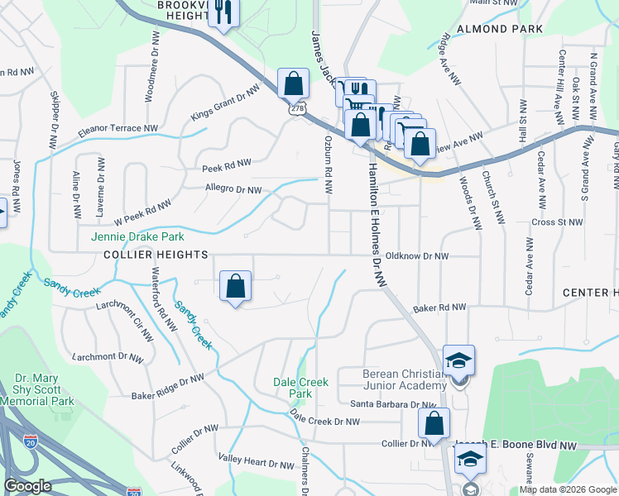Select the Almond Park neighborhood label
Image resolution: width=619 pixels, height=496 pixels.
506,29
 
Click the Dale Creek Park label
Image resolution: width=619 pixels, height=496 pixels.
301,388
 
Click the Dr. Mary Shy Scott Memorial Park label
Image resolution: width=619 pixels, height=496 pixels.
45,390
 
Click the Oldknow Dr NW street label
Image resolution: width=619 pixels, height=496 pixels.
417,256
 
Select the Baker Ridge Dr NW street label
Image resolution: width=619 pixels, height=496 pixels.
167,386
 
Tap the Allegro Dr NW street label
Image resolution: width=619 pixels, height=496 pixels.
233,189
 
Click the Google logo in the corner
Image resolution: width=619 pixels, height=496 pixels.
27,487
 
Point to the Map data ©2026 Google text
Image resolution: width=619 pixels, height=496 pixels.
567,489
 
